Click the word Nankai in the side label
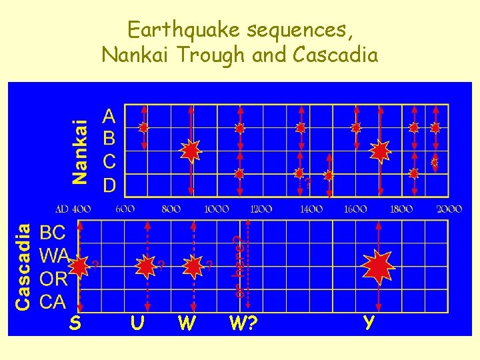[x=81, y=151]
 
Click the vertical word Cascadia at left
[x=23, y=266]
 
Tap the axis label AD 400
[x=73, y=209]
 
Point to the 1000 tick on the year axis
[x=217, y=209]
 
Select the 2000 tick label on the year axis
[x=449, y=209]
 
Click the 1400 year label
[x=311, y=209]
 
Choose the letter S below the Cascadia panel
[x=75, y=323]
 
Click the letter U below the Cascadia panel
[x=138, y=323]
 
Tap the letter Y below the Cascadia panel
[x=368, y=323]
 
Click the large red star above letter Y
[x=379, y=266]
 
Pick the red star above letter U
[x=145, y=266]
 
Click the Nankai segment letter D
[x=109, y=183]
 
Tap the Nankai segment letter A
[x=109, y=117]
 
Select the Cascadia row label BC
[x=53, y=233]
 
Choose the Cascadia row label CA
[x=53, y=301]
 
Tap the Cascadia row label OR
[x=53, y=279]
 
